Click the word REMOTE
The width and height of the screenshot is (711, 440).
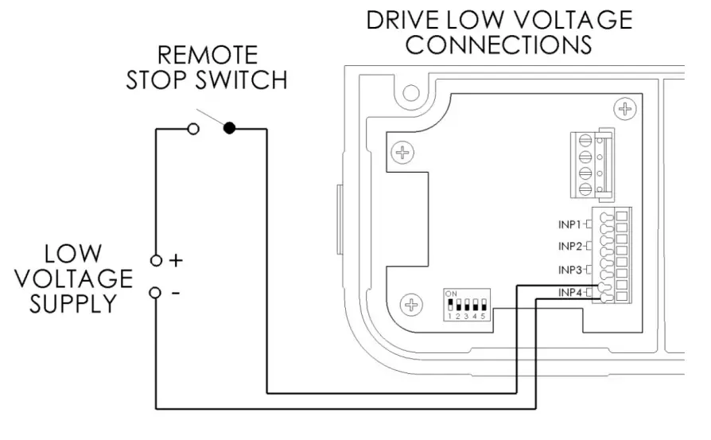pos(208,55)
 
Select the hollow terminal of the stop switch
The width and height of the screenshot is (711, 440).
pos(192,128)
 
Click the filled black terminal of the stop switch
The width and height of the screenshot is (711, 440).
pos(230,128)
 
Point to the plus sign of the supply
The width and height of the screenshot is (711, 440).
pos(177,260)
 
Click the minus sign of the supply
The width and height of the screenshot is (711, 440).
pos(175,292)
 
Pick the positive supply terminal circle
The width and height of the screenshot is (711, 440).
pos(156,260)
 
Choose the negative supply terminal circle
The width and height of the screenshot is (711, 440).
pos(156,292)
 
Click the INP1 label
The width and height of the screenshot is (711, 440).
pos(570,224)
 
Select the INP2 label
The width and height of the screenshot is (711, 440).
pos(570,246)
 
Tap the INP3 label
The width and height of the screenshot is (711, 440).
pos(570,270)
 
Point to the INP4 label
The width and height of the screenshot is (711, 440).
pos(570,293)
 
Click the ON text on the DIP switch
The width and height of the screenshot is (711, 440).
pos(451,294)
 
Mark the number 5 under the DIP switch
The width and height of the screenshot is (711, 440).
pos(483,317)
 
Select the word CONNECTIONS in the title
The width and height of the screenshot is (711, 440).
pos(499,45)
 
